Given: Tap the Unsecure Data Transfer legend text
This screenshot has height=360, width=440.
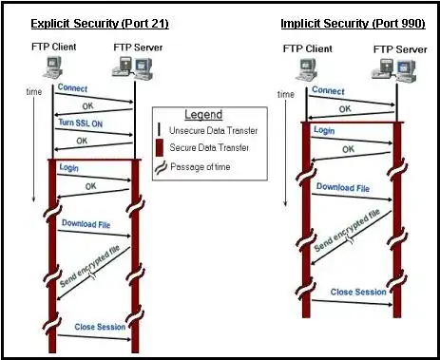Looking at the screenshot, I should [214, 130].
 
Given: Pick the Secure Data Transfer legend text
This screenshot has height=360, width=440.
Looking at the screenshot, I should [210, 148].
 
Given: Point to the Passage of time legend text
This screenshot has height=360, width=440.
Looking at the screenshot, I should [204, 166].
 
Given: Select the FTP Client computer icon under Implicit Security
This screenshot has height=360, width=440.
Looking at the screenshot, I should [306, 65].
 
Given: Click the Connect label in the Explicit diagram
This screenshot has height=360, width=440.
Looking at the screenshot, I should [72, 88].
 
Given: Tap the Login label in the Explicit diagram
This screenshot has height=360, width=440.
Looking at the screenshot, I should [68, 167].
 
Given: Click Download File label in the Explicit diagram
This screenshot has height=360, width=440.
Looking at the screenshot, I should [87, 223].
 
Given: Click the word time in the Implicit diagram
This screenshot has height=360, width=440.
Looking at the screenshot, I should [285, 94].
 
